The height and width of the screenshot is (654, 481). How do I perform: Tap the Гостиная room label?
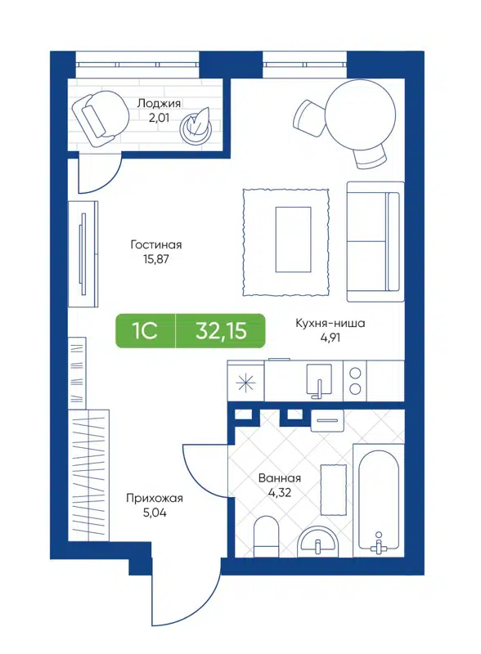(x=155, y=244)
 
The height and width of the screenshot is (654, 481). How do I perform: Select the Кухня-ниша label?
(x=330, y=323)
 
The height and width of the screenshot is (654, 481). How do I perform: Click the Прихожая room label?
(x=154, y=498)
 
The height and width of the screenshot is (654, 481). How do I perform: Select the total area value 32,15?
(x=220, y=331)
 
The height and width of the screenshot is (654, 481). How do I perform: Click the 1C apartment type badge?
(x=145, y=331)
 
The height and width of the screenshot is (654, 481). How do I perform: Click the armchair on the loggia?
(x=97, y=115)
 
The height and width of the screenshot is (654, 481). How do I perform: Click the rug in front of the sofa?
(x=285, y=240)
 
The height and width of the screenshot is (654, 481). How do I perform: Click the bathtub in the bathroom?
(x=377, y=499)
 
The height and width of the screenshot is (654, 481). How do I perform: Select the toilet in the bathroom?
(x=267, y=535)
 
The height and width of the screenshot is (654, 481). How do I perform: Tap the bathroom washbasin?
(x=318, y=540)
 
